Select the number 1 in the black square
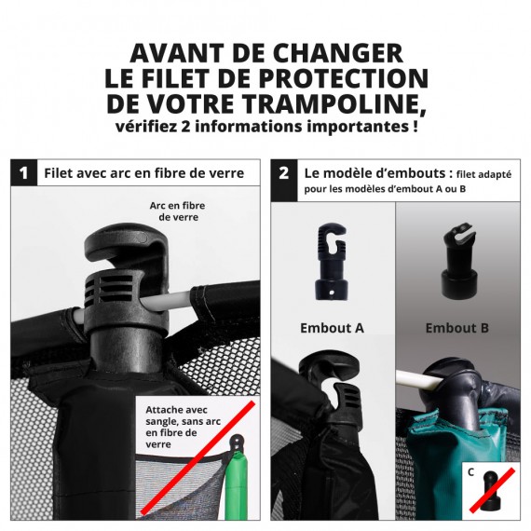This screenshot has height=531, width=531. click(x=23, y=172)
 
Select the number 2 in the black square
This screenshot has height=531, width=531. click(x=284, y=172)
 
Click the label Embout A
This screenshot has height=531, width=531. click(x=332, y=328)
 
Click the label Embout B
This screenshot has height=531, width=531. click(x=458, y=328)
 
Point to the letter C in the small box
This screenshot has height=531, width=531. click(x=471, y=472)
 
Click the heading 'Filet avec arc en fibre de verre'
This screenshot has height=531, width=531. click(x=143, y=172)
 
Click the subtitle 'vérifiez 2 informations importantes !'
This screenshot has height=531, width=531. click(x=265, y=126)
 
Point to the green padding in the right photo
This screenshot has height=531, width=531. click(x=438, y=466)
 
